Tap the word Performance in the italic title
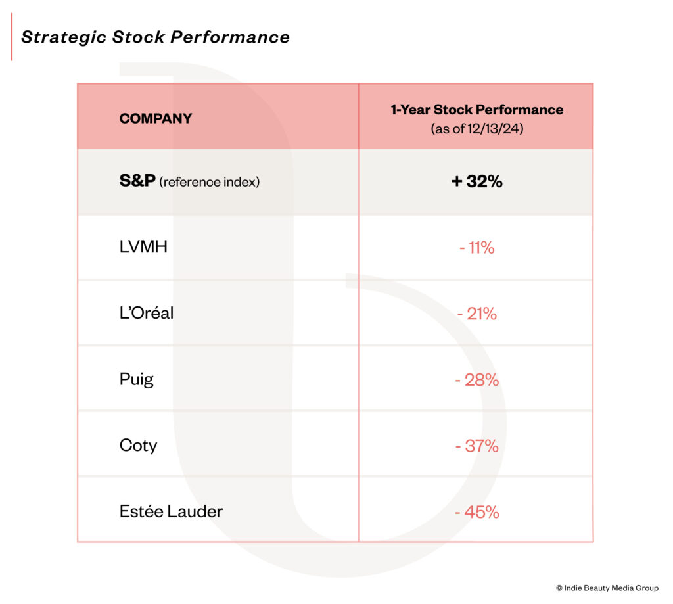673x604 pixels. (x=230, y=37)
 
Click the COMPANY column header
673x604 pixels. (x=156, y=118)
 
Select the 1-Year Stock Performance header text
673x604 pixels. (x=477, y=110)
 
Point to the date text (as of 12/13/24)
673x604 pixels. (x=477, y=129)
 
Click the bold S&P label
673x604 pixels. (x=137, y=181)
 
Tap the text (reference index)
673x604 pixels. (x=210, y=182)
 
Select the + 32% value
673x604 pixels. (x=477, y=181)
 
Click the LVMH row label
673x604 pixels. (x=143, y=247)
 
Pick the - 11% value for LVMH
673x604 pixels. (x=477, y=248)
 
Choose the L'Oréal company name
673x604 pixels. (x=147, y=313)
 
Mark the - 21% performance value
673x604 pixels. (x=477, y=314)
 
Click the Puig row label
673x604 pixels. (x=137, y=379)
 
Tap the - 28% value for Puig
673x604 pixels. (x=477, y=380)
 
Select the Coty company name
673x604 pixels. (x=138, y=446)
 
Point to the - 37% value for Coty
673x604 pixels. (x=477, y=446)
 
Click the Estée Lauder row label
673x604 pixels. (x=172, y=511)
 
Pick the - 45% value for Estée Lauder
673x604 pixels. (x=477, y=512)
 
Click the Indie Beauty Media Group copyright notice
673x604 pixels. (x=607, y=588)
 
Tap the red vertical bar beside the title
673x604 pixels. (x=12, y=37)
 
